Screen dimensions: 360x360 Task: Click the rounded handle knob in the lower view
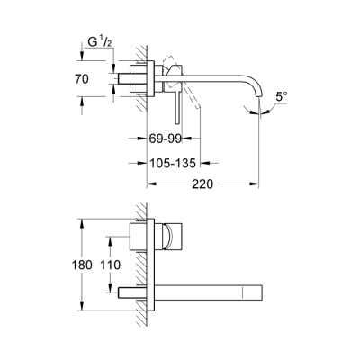tap(167, 238)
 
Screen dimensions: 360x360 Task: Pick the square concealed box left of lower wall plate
tap(138, 238)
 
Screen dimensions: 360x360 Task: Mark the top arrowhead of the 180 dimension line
tap(81, 220)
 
